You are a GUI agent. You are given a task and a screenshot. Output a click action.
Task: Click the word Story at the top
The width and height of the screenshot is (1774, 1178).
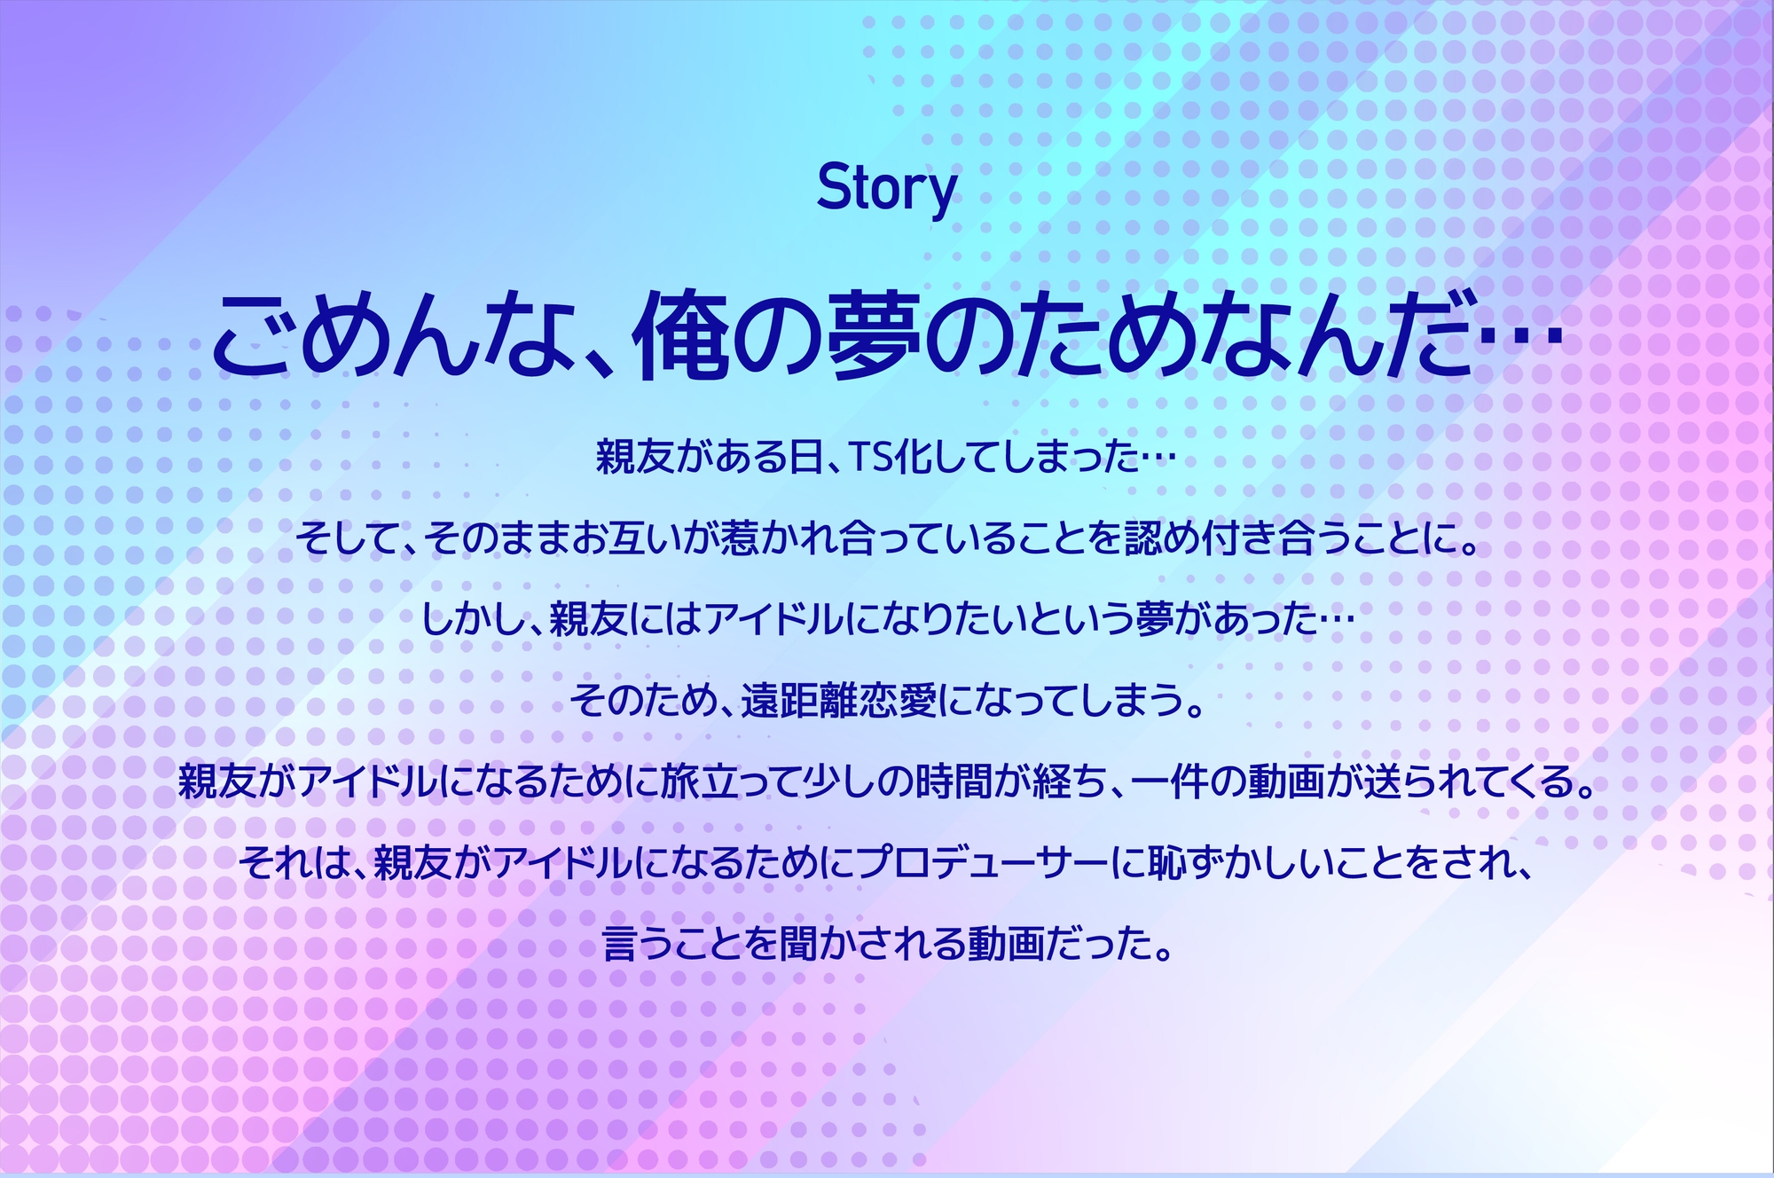pos(886,189)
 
